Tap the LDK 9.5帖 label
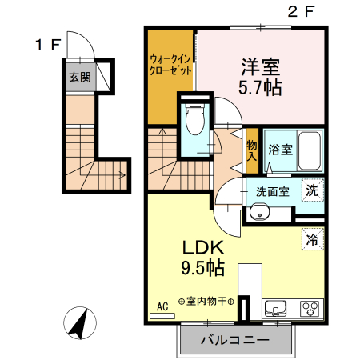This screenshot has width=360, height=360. pyautogui.click(x=197, y=255)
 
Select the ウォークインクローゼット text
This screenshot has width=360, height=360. pyautogui.click(x=170, y=64)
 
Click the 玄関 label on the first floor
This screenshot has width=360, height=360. pyautogui.click(x=78, y=78)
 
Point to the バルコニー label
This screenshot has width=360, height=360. pyautogui.click(x=234, y=340)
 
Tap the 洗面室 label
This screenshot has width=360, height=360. pyautogui.click(x=271, y=192)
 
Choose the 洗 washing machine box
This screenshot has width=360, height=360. pyautogui.click(x=314, y=190)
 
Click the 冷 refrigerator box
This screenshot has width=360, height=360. pyautogui.click(x=314, y=238)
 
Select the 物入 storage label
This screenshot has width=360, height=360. pyautogui.click(x=252, y=150)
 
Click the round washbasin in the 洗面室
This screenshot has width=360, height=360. pyautogui.click(x=258, y=212)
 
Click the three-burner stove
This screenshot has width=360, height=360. pyautogui.click(x=309, y=308)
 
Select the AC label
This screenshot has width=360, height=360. pyautogui.click(x=162, y=306)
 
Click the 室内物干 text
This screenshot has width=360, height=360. pyautogui.click(x=210, y=302)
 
